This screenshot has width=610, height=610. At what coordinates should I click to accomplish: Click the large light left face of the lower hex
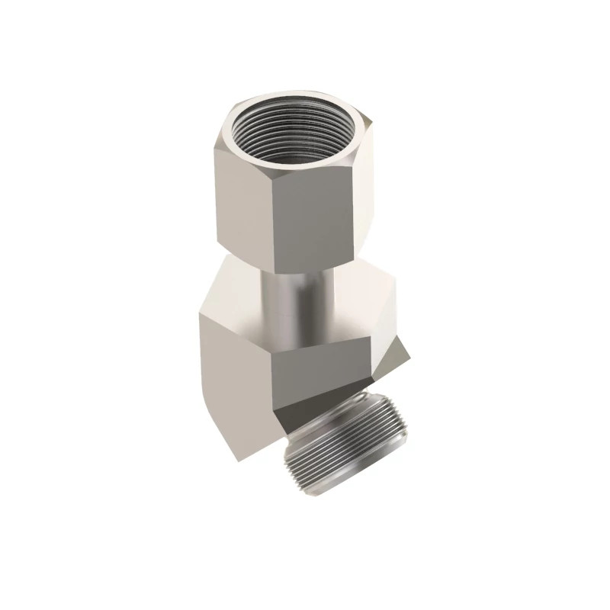[x=233, y=381]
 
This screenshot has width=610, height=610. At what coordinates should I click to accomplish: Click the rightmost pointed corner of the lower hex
[x=413, y=355]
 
